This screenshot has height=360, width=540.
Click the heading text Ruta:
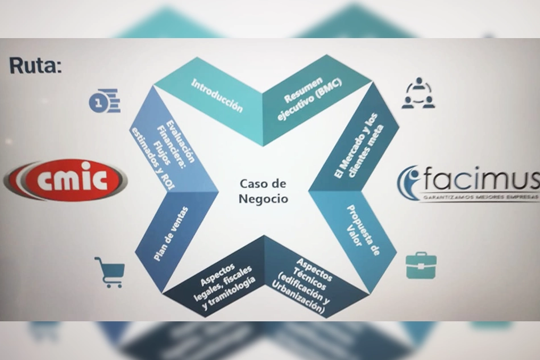click(x=35, y=65)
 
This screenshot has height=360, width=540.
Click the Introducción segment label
click(x=217, y=96)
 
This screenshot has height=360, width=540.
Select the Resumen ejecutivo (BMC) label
click(x=309, y=98)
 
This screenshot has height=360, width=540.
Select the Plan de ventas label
click(x=171, y=234)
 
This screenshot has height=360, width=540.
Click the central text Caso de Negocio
click(x=263, y=191)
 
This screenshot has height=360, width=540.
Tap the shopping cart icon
click(x=110, y=272)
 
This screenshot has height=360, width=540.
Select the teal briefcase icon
click(x=421, y=265)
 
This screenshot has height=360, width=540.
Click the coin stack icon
click(x=105, y=101)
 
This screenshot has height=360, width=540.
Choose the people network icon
click(x=418, y=93)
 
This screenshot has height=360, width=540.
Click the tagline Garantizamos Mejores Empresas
click(x=480, y=197)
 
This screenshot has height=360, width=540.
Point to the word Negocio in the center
click(x=263, y=199)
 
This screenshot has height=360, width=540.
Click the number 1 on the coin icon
click(x=98, y=103)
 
